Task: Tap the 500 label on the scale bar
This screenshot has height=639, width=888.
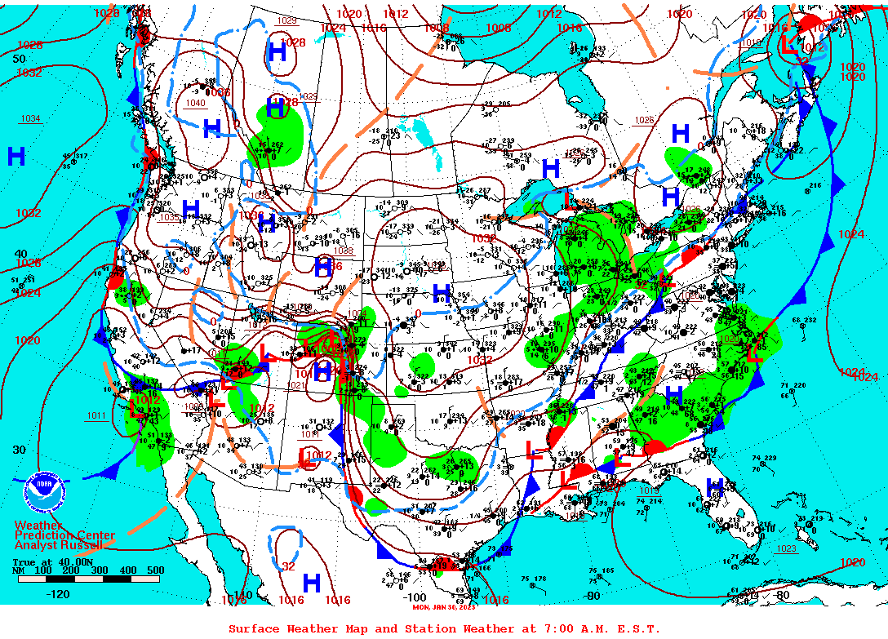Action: pyautogui.click(x=155, y=570)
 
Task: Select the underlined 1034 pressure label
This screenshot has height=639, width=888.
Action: pyautogui.click(x=30, y=119)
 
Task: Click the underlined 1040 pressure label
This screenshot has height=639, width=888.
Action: pyautogui.click(x=195, y=103)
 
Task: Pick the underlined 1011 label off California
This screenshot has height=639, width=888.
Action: pyautogui.click(x=96, y=416)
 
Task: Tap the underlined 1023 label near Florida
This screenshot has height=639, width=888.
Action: pyautogui.click(x=786, y=548)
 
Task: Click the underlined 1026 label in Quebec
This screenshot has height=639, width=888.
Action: pyautogui.click(x=644, y=121)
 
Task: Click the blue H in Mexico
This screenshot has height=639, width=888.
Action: pyautogui.click(x=311, y=583)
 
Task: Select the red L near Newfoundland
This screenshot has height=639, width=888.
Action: pyautogui.click(x=789, y=46)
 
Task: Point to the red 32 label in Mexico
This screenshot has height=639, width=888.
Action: pyautogui.click(x=288, y=566)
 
